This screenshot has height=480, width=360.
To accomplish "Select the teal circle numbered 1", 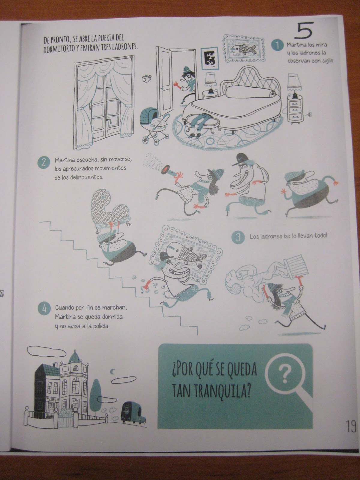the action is coord(277,46).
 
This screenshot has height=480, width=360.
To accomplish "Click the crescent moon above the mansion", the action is coord(112,371).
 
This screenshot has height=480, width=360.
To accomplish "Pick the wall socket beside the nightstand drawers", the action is coord(310,114).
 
